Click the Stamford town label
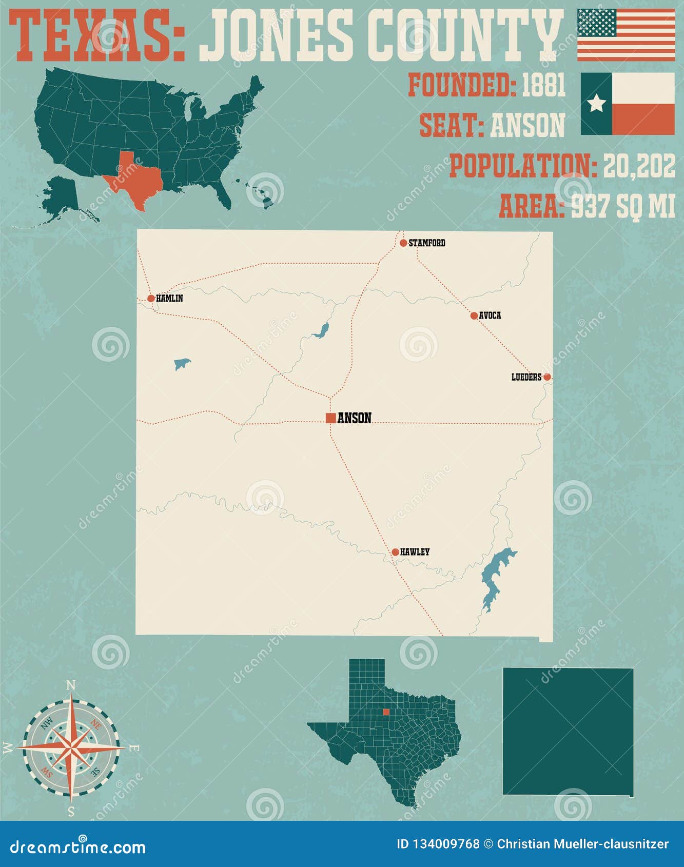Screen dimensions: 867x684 tap(426, 243)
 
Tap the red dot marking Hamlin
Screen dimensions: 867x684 tap(151, 298)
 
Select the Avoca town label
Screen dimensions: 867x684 tap(490, 316)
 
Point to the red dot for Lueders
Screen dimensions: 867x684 tap(547, 377)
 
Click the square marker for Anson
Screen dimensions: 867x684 tap(331, 418)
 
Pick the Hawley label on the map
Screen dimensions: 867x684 tap(415, 552)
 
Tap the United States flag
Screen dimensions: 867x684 tap(626, 35)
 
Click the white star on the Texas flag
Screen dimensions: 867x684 tap(596, 104)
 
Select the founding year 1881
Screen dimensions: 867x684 tap(543, 85)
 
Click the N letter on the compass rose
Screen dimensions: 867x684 tap(71, 685)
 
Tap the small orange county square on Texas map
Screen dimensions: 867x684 tap(386, 712)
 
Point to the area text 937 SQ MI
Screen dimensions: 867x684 tap(623, 206)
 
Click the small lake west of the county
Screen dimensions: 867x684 tap(182, 364)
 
